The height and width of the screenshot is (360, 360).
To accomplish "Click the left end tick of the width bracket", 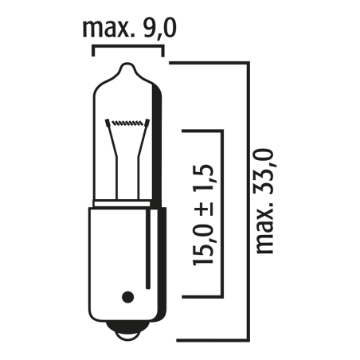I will [x=94, y=51].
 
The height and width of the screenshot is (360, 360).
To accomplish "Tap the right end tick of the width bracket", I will [x=163, y=51].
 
